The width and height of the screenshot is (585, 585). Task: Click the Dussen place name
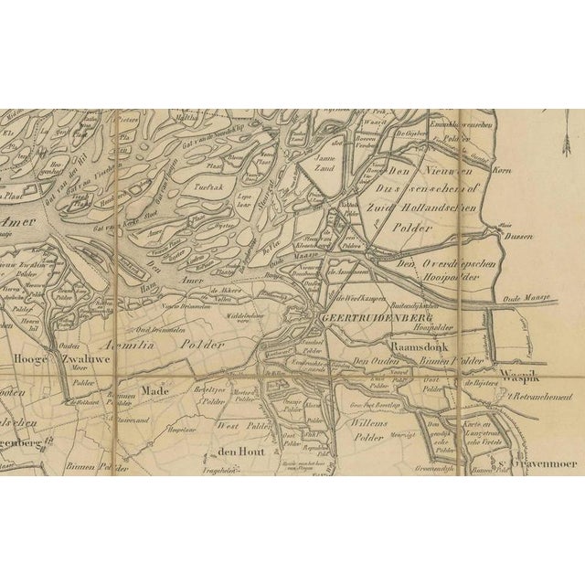pyautogui.click(x=518, y=235)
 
